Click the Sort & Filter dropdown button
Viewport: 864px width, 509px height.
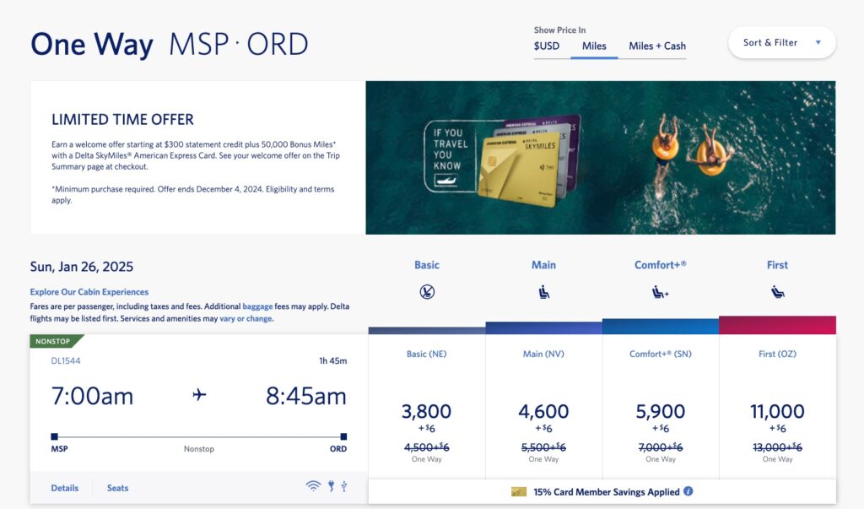(x=781, y=43)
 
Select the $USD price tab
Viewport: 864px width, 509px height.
(x=547, y=46)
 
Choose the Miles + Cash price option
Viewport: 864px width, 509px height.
(x=657, y=46)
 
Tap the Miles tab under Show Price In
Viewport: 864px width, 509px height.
(x=594, y=46)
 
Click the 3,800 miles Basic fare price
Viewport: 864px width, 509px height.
(x=426, y=412)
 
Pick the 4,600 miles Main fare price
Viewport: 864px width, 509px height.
(x=543, y=412)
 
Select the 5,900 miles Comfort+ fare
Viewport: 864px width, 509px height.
(x=661, y=412)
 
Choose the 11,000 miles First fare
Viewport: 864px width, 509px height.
(x=777, y=412)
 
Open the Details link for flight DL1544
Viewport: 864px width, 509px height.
(x=64, y=488)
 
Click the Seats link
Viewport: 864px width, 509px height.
(x=117, y=488)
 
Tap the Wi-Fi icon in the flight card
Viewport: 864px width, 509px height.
(x=313, y=486)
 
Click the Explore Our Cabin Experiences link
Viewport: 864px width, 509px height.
(x=89, y=292)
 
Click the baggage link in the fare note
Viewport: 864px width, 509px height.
(x=257, y=306)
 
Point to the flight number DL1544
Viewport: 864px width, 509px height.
(x=66, y=360)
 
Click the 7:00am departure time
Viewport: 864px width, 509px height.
(x=92, y=395)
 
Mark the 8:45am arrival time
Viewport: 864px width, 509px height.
(x=305, y=395)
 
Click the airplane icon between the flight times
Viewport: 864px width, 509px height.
(x=199, y=395)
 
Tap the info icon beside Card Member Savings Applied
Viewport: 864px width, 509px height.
(x=688, y=491)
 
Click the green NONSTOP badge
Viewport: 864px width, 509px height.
(x=57, y=342)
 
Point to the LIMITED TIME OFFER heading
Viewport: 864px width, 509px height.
(x=122, y=120)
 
